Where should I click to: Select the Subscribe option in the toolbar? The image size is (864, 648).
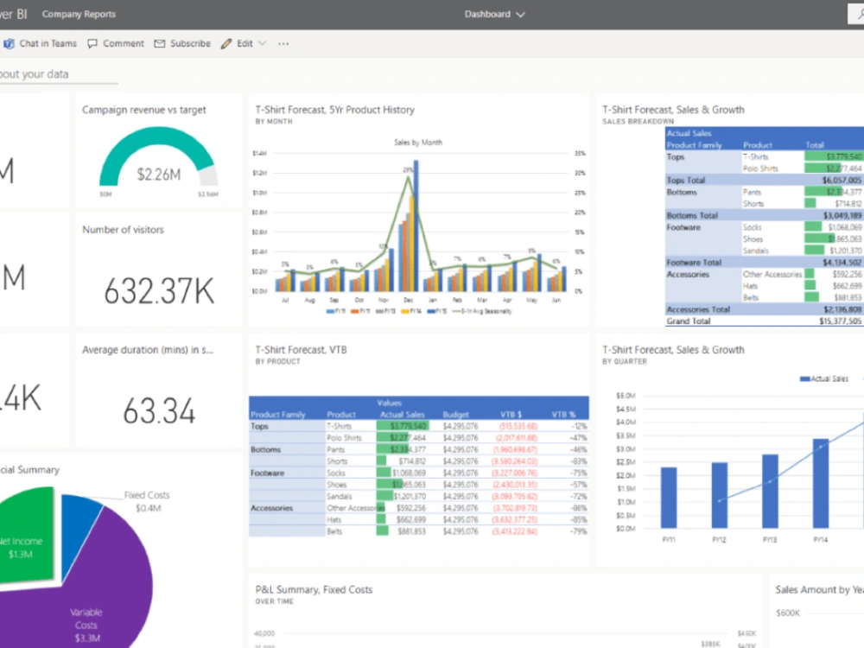(182, 43)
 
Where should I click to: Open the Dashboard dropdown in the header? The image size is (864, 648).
(494, 15)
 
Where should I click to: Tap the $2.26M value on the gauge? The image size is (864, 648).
(159, 175)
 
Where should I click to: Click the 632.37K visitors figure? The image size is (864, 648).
(159, 292)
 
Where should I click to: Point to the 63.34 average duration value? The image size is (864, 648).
(159, 411)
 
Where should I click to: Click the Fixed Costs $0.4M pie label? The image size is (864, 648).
(147, 501)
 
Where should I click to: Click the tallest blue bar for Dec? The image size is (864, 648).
(416, 225)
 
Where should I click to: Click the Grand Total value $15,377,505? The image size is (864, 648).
(840, 321)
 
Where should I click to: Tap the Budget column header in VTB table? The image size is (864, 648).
(455, 415)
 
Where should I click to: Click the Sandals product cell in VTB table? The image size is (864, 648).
(338, 496)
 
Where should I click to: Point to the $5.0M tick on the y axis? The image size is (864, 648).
(626, 396)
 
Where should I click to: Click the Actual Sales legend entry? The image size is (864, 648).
(825, 378)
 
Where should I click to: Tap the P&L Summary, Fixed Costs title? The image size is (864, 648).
(314, 590)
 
